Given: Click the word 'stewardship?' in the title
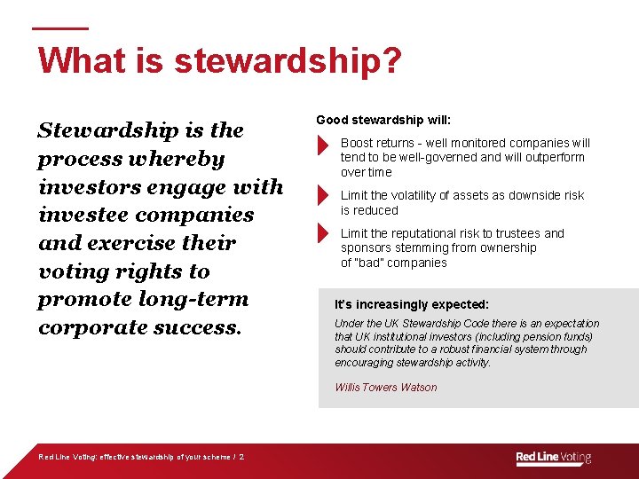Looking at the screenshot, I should point(288,62).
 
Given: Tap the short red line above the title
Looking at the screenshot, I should point(60,27).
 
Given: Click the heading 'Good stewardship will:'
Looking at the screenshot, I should point(383,120).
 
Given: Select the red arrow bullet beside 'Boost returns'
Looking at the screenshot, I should point(322,145).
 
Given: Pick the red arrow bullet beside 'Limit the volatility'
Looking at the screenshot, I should point(322,195).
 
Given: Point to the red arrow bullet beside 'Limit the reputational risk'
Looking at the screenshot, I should point(322,233).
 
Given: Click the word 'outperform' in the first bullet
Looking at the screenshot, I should point(555,157).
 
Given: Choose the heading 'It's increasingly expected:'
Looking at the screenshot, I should point(411,304).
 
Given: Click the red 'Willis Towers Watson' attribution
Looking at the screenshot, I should point(385,387).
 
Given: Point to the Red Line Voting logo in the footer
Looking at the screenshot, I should point(553,458).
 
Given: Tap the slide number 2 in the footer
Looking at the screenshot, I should point(241,458).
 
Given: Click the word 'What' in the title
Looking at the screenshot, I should point(75,62).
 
